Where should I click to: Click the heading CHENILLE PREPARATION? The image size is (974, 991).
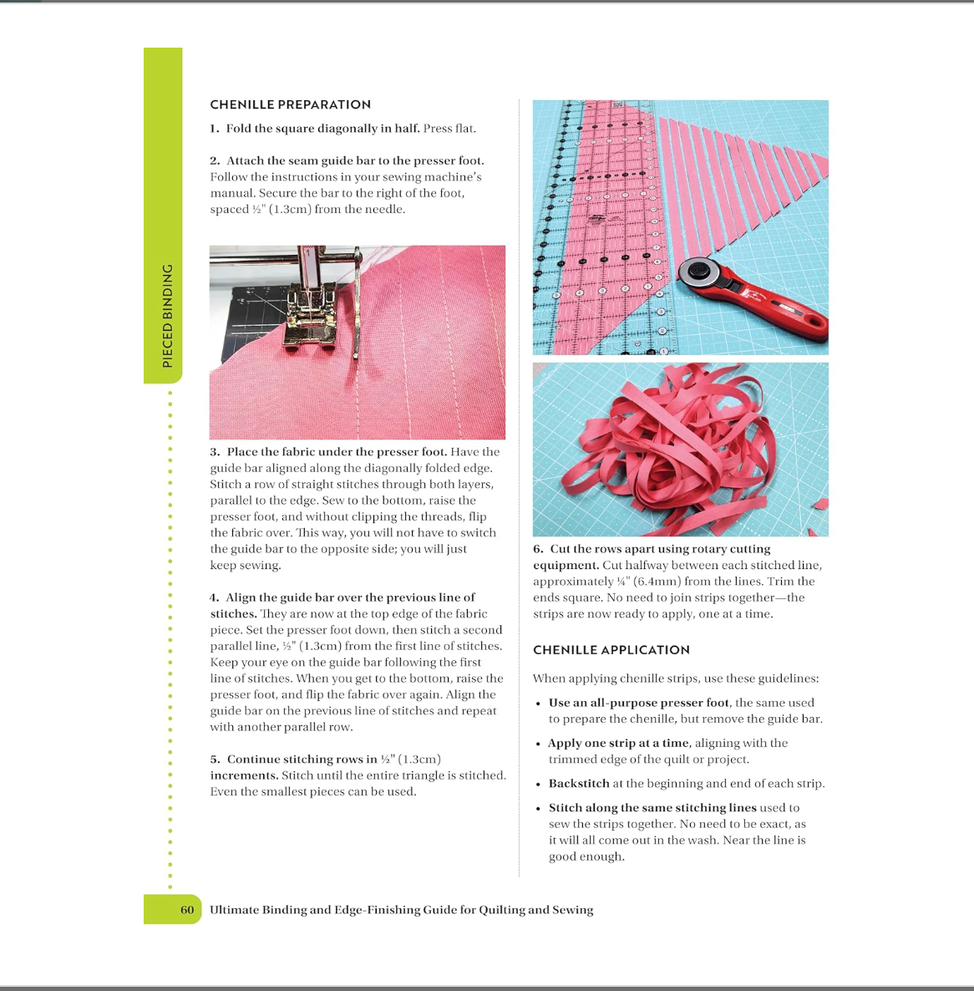290,104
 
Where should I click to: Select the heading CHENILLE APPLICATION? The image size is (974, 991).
611,650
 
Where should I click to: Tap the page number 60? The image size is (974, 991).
187,910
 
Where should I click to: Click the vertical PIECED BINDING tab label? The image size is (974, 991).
168,316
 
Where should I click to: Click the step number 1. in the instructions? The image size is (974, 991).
215,129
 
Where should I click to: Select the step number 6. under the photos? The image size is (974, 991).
538,549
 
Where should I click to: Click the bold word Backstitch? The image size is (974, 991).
579,784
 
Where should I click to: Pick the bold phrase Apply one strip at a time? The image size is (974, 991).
618,743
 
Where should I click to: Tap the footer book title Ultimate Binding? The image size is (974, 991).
401,910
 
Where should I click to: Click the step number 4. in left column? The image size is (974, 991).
215,597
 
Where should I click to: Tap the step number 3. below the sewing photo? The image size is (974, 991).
215,452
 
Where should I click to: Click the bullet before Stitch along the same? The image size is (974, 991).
539,809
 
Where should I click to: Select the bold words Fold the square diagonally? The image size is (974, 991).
322,129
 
